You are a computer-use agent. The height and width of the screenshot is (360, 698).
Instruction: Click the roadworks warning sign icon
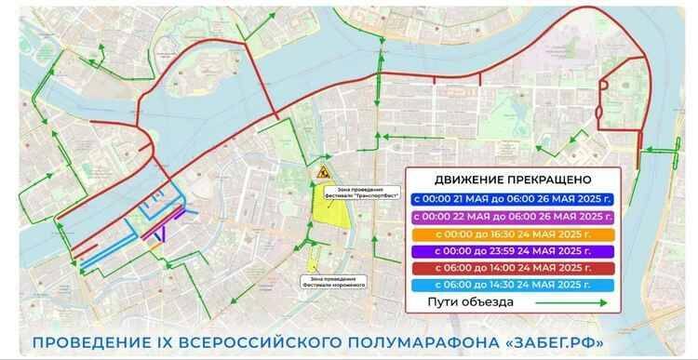click(x=322, y=172)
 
